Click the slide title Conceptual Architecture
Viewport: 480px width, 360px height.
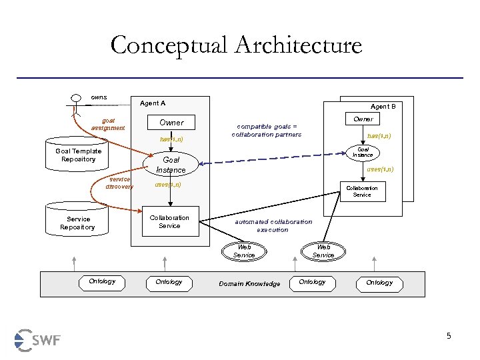coord(236,45)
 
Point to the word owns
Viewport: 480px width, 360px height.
coord(99,97)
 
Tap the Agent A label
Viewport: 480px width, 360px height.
coord(153,103)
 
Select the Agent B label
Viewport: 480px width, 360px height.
coord(383,106)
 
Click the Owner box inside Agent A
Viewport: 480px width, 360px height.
coord(171,123)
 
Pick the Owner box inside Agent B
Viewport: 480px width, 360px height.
coord(363,119)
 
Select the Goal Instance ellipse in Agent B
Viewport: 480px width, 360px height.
coord(363,153)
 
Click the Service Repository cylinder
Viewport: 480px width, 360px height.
coord(77,223)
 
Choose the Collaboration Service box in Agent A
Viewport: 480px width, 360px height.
coord(169,222)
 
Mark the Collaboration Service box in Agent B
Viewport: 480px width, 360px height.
coord(361,191)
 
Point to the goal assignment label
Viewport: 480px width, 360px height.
coord(108,124)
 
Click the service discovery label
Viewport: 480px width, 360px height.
coord(119,183)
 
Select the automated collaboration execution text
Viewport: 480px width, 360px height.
coord(273,225)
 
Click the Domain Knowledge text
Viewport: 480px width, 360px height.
coord(249,283)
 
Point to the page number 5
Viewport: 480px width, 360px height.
coord(449,336)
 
